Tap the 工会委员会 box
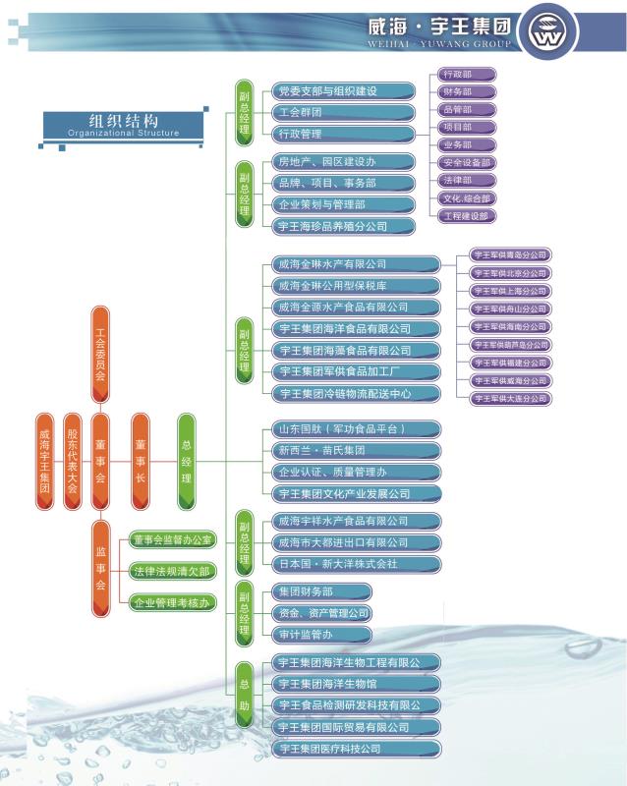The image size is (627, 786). (x=100, y=354)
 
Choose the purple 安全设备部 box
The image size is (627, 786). (x=467, y=162)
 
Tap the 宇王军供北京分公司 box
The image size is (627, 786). (x=509, y=272)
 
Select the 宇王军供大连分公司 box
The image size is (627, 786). (x=509, y=398)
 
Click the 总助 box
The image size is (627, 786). (x=244, y=695)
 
